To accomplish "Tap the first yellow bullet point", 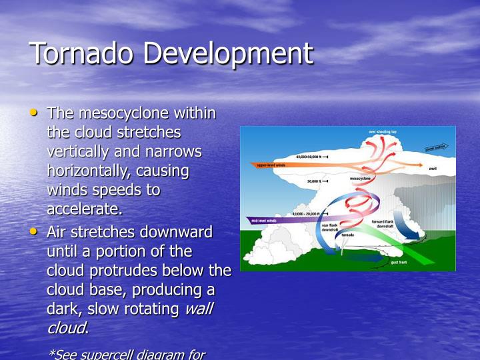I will (x=34, y=113).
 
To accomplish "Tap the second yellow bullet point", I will (x=34, y=231).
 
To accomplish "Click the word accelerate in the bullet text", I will (x=83, y=209).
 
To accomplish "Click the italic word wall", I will (x=198, y=309).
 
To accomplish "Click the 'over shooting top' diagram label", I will (x=383, y=132).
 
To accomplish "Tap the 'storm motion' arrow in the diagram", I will (x=436, y=147).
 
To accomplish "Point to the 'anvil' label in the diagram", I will (x=433, y=169).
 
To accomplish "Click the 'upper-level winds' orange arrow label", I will (x=271, y=165).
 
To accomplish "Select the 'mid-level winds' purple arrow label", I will (x=265, y=220).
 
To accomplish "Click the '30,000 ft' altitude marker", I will (x=315, y=181).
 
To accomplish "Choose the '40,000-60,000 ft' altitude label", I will (x=311, y=157).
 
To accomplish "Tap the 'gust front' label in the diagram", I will (x=400, y=263).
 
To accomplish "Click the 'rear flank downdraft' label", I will (x=330, y=227).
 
